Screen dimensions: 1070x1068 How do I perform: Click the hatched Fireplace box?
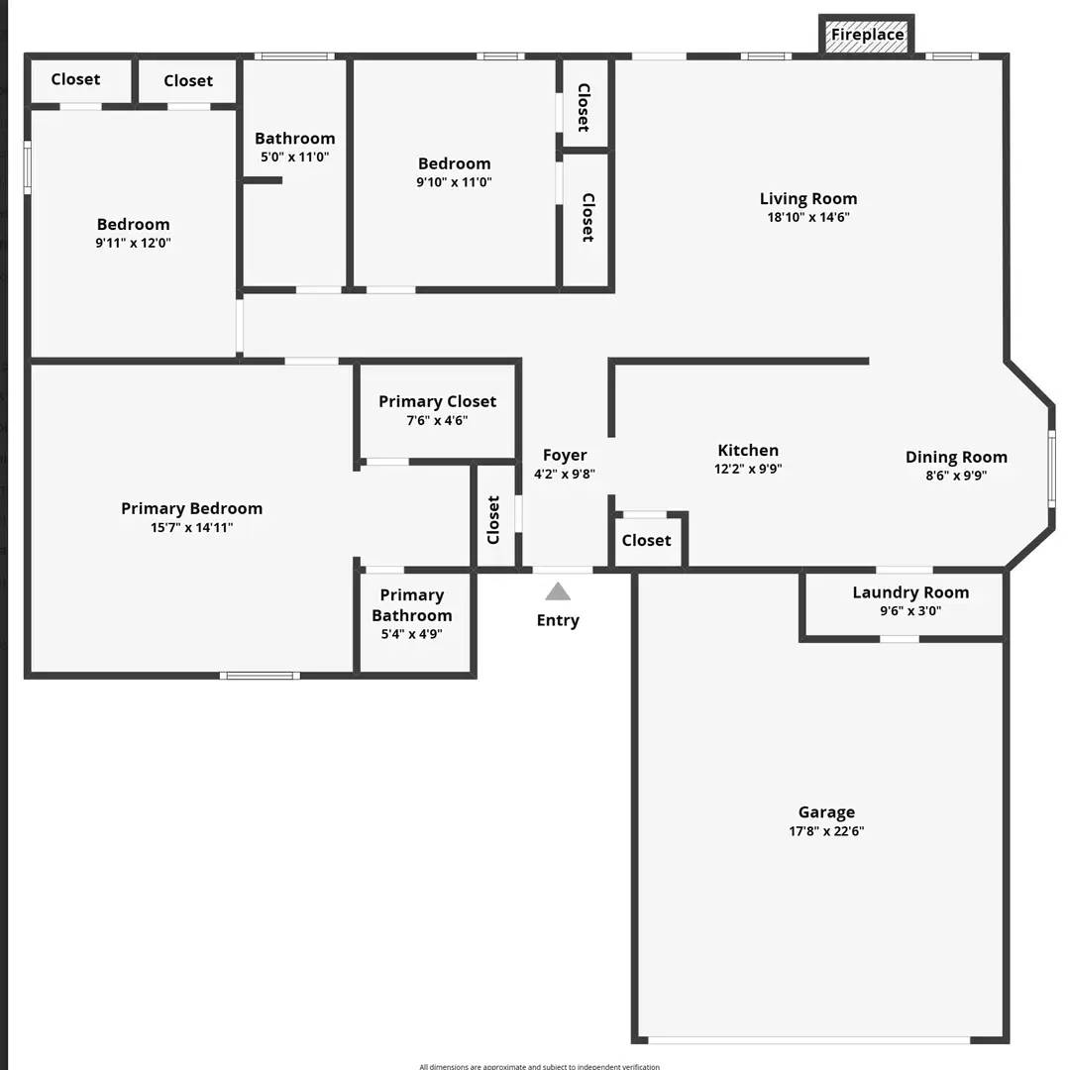(x=867, y=36)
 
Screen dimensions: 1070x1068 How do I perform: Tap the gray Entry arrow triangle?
(x=558, y=591)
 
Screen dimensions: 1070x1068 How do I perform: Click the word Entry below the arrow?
(x=558, y=620)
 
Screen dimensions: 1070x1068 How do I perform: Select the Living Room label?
(x=808, y=198)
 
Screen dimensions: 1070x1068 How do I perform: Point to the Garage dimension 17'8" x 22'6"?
(x=826, y=832)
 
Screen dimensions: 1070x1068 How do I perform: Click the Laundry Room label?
(x=910, y=592)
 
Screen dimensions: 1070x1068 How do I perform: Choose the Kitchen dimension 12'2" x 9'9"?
(x=748, y=470)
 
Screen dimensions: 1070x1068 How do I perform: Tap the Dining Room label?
(x=956, y=457)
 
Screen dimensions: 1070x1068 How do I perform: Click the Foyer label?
(x=565, y=455)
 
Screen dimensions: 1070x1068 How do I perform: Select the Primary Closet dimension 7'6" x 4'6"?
(x=437, y=420)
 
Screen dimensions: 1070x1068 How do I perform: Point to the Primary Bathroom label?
(x=412, y=604)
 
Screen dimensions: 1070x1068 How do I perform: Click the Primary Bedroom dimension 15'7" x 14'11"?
(x=192, y=528)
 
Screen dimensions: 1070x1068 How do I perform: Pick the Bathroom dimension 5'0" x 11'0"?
(x=294, y=157)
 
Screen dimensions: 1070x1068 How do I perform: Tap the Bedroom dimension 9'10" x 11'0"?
(x=454, y=182)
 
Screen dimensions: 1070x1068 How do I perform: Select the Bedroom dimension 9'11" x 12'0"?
(x=133, y=243)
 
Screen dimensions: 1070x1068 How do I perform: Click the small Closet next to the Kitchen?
(x=647, y=541)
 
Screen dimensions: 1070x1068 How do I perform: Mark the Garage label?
(x=826, y=812)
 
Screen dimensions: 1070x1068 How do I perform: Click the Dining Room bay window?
(x=1051, y=470)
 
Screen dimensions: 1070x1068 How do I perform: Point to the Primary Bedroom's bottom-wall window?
(x=260, y=676)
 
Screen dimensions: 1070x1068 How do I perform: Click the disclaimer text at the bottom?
(x=539, y=1066)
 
